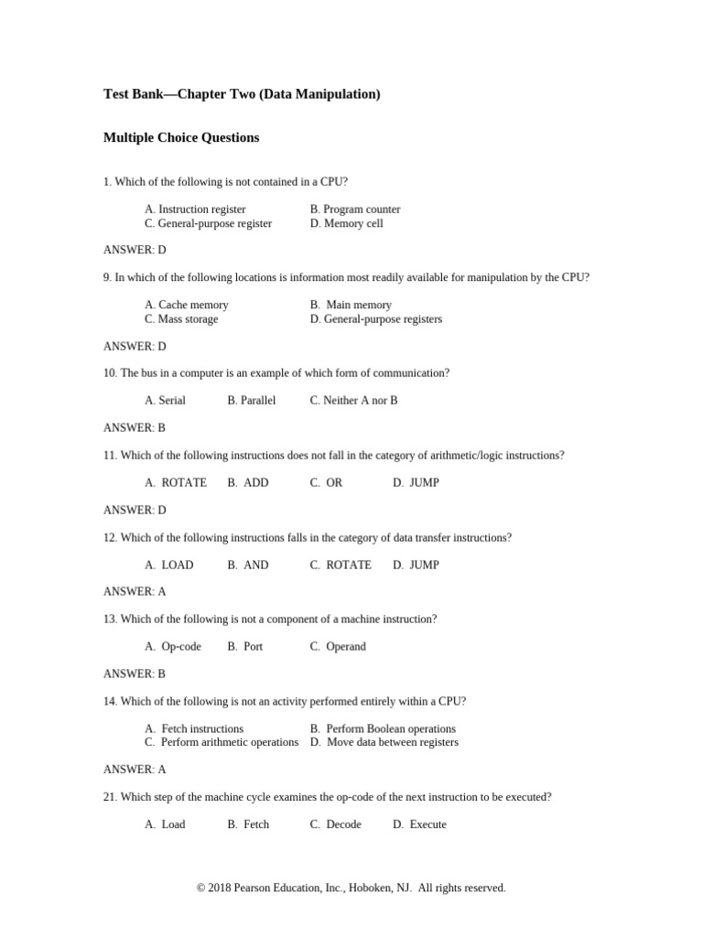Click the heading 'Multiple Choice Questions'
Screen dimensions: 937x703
tap(181, 138)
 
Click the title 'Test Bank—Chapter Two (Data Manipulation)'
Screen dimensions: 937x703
tap(242, 94)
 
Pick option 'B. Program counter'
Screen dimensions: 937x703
tap(355, 210)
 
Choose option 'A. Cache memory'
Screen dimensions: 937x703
tap(187, 305)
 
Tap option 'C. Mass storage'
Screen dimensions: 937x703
tap(181, 319)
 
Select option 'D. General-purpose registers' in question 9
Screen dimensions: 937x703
tap(375, 319)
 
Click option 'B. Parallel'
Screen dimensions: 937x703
tap(251, 401)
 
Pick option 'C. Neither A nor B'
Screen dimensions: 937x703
tap(353, 401)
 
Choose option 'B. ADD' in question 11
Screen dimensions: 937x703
tap(248, 483)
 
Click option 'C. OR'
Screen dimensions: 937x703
tap(326, 483)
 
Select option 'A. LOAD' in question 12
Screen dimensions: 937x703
tap(169, 565)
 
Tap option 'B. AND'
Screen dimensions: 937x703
tap(248, 565)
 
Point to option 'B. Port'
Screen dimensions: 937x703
tap(244, 647)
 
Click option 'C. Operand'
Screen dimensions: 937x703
tap(338, 647)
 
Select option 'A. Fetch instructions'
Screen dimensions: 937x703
tap(194, 729)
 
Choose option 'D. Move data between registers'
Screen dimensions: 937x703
tap(384, 742)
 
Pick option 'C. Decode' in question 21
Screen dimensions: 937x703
tap(335, 824)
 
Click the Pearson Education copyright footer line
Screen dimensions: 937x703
tap(351, 888)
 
